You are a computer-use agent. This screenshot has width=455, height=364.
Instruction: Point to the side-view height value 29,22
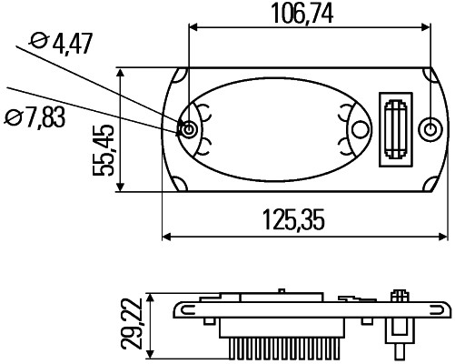pyautogui.click(x=134, y=326)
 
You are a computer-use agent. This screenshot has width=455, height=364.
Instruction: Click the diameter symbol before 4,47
pyautogui.click(x=38, y=42)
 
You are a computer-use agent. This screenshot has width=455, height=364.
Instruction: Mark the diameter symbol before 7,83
pyautogui.click(x=13, y=116)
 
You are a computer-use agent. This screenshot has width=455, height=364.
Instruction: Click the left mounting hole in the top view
pyautogui.click(x=188, y=130)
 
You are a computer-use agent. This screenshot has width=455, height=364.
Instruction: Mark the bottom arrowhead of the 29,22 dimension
pyautogui.click(x=150, y=351)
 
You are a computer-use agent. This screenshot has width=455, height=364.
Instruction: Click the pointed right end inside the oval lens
pyautogui.click(x=369, y=130)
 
